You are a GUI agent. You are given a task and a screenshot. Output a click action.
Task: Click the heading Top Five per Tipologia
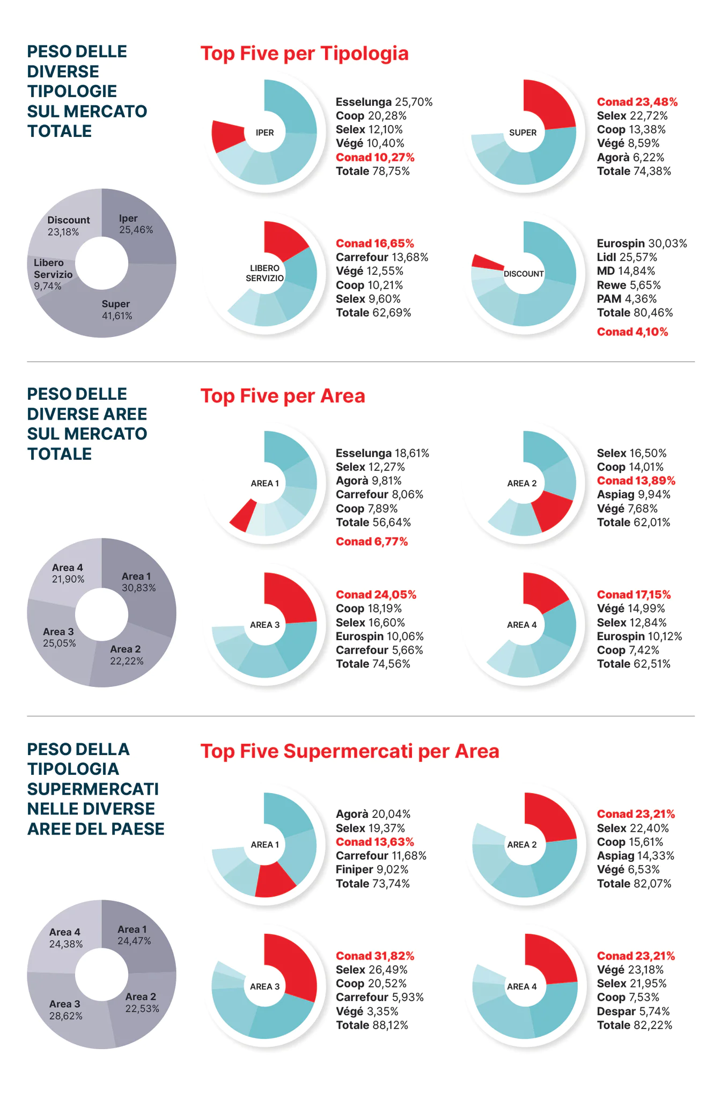pos(304,54)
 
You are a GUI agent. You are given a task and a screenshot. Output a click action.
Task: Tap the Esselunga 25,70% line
pos(384,102)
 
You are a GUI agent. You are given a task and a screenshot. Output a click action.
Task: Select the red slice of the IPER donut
pos(227,135)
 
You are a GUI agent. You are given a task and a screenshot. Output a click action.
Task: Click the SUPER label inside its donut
pos(523,133)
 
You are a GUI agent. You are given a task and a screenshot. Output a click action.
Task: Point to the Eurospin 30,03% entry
pos(642,244)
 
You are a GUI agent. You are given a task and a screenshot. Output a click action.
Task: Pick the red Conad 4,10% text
pos(632,332)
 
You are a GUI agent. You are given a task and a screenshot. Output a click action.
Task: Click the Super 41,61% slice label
pos(116,310)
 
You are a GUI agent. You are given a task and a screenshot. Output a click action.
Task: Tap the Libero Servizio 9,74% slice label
pos(53,274)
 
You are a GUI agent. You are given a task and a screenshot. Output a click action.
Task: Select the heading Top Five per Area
pos(282,396)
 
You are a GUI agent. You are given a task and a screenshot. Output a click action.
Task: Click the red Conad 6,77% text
pos(371,542)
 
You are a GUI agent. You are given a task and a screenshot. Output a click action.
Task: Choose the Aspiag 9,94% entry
pos(634,495)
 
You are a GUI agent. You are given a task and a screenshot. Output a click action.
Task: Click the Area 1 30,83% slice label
pos(138,582)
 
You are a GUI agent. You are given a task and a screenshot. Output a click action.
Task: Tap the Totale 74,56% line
pos(373,664)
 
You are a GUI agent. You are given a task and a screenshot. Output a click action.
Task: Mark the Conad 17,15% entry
pos(634,595)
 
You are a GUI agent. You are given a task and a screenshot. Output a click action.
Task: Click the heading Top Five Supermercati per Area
pos(349,751)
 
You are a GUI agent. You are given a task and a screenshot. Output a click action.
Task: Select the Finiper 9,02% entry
pos(372,870)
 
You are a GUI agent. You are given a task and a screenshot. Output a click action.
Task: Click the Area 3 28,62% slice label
pos(65,1010)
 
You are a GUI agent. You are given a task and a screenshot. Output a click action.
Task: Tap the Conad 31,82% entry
pos(374,956)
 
